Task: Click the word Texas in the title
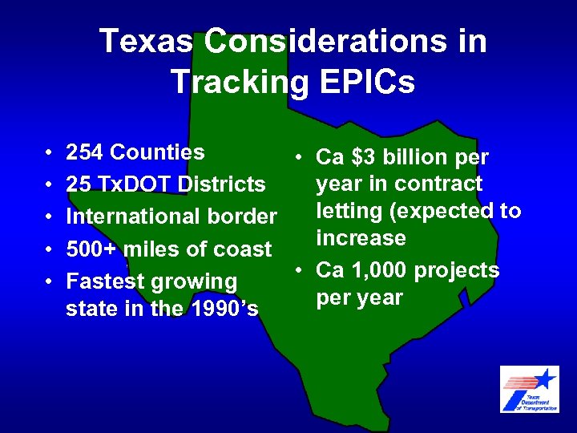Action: [147, 42]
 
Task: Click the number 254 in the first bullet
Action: [85, 152]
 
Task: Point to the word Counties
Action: [158, 152]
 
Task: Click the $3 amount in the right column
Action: [363, 157]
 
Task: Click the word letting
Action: [348, 211]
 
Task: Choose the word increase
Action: [361, 238]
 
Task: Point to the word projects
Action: [457, 271]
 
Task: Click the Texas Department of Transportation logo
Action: [529, 389]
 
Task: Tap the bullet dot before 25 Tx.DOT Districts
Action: [49, 185]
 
